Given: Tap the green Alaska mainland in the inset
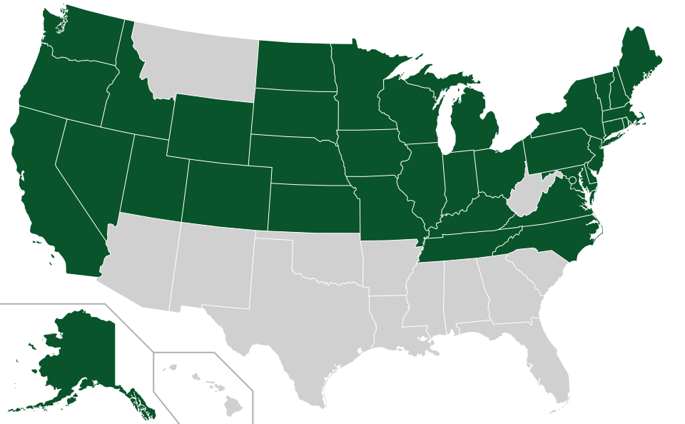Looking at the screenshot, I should point(78,350).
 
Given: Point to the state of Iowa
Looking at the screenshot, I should point(371,153).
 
